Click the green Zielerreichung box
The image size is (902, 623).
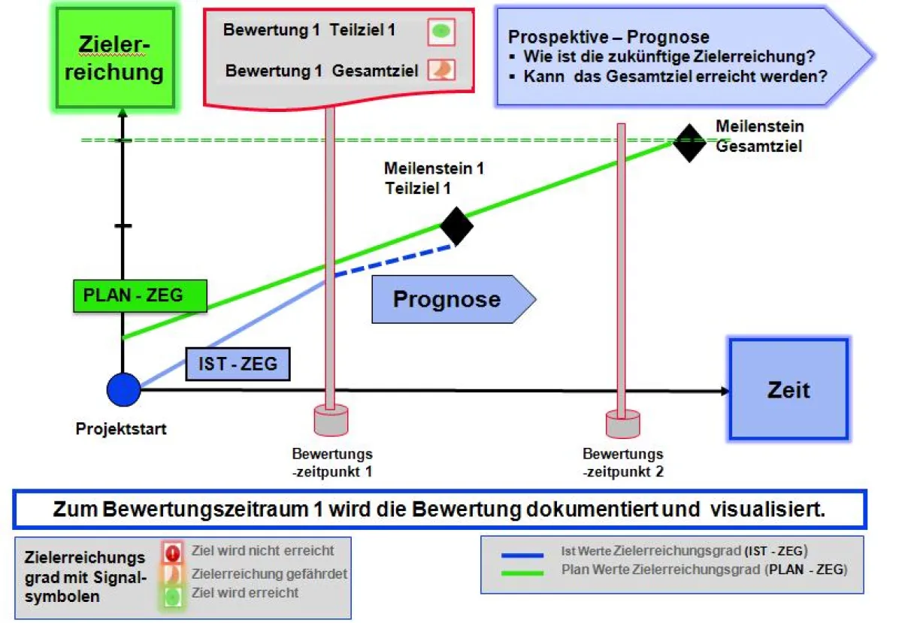coord(120,59)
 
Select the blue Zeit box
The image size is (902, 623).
coord(788,389)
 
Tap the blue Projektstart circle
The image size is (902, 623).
coord(123,390)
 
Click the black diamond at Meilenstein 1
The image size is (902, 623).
coord(456,225)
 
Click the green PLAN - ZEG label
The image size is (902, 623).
coord(140,295)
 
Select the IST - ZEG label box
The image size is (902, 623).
coord(238,364)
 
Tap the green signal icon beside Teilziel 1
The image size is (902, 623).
coord(442,32)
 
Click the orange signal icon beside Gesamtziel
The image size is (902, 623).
coord(441,70)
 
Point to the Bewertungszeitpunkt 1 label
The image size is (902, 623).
coord(332,463)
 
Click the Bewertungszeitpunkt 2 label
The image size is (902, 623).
coord(623,463)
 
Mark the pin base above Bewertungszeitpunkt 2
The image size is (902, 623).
coord(622,424)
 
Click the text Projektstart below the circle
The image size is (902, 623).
coord(121,429)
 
